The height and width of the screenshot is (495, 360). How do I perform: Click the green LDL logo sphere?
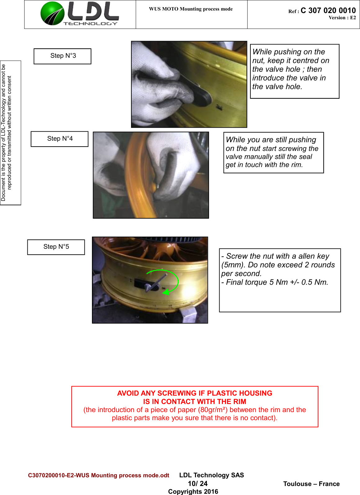pos(52,13)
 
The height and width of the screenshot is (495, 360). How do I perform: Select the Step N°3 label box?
pos(62,56)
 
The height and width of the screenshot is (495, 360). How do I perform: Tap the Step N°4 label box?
pos(60,139)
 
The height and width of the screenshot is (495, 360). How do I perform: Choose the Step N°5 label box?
pos(56,247)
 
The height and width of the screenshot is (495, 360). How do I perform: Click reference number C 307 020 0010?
pos(328,11)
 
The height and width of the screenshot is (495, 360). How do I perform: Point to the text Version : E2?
pos(342,18)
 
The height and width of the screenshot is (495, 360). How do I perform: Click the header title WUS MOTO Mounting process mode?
pos(191,9)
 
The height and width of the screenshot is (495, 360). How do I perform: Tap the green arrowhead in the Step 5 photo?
pos(166,292)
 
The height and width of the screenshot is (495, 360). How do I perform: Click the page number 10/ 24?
pos(198,484)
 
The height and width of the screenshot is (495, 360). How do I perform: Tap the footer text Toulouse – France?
pos(311,484)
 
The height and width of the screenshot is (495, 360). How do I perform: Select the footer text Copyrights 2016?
pos(193,491)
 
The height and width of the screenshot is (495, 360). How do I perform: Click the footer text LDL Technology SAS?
pos(212,475)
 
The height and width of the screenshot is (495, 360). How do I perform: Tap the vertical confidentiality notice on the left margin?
pos(7,133)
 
